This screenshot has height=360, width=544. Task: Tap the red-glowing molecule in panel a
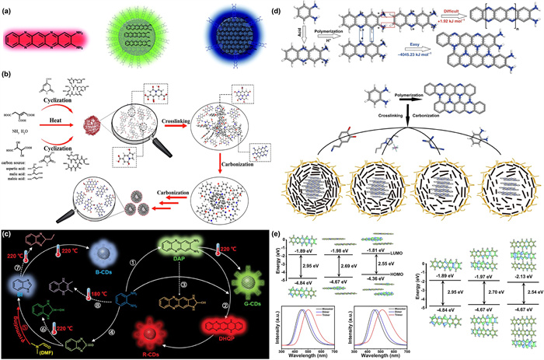[50, 37]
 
